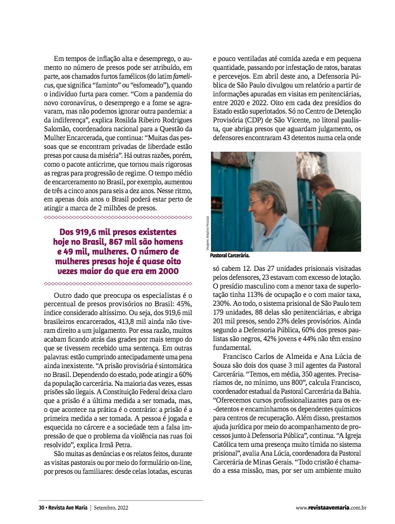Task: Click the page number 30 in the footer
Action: (x=41, y=507)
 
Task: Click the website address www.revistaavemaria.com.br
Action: (x=331, y=508)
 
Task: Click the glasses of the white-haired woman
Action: (x=256, y=201)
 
